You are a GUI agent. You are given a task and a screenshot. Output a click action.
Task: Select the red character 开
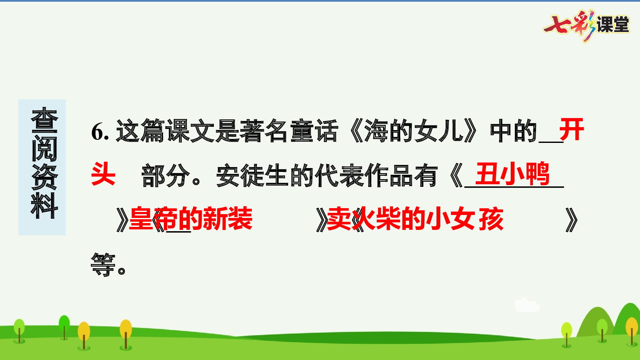pos(571,130)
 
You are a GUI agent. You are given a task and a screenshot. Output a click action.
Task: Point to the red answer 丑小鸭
pos(512,174)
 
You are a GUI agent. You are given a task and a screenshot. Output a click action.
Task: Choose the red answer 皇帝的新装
pos(191,219)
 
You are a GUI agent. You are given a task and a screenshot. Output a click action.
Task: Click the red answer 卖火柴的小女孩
pos(415,219)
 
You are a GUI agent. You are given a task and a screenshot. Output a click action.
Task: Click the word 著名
pos(265,131)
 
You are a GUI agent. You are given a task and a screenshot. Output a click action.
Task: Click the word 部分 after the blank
pos(166,175)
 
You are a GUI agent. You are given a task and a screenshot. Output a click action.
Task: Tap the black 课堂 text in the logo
pos(613,25)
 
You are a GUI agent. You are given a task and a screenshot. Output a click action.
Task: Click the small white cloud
pos(527,305)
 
